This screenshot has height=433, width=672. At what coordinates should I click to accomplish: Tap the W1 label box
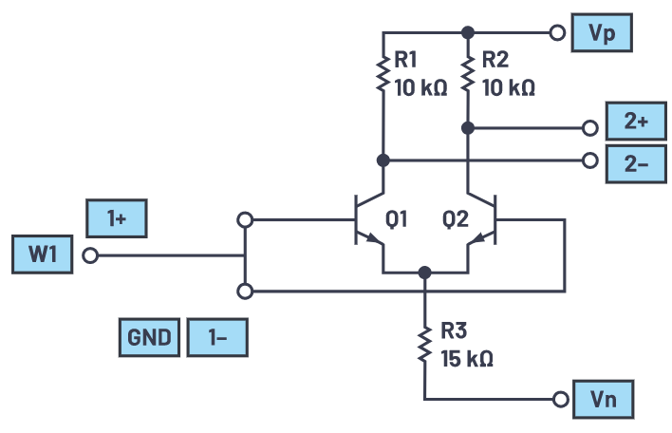[x=43, y=255]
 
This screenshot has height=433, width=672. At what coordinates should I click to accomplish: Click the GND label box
[x=149, y=337]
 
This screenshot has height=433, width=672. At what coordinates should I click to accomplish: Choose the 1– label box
[x=217, y=337]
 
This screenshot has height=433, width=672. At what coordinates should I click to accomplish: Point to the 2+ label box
[x=635, y=125]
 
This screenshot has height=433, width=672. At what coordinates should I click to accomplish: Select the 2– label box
[x=635, y=160]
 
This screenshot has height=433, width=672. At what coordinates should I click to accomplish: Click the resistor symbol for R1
[x=383, y=73]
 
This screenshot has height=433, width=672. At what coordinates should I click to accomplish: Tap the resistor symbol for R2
[x=468, y=73]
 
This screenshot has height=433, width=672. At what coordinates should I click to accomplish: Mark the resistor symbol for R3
[x=425, y=344]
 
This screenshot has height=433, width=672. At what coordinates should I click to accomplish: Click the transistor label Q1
[x=397, y=219]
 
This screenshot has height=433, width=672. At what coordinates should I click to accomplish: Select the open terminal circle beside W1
[x=90, y=255]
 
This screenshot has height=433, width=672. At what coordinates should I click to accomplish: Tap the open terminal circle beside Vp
[x=558, y=32]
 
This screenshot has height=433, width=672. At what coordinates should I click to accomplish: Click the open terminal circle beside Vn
[x=558, y=399]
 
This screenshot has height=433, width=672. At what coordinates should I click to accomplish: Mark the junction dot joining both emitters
[x=425, y=273]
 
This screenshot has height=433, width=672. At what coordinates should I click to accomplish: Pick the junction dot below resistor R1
[x=383, y=160]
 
